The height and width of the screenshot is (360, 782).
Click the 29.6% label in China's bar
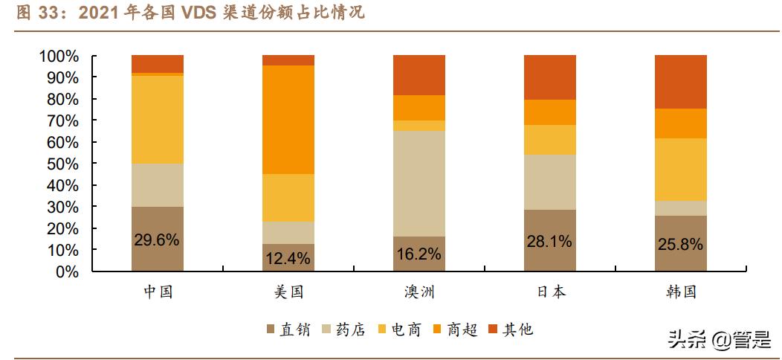tap(158, 240)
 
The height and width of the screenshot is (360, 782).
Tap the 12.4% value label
tap(288, 259)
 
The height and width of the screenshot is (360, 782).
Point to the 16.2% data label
tap(419, 254)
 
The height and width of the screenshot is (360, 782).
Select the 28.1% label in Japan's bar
tap(550, 241)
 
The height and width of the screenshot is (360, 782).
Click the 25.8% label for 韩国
tap(681, 244)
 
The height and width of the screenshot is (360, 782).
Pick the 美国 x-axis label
tap(288, 292)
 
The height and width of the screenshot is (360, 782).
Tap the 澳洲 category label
tap(419, 292)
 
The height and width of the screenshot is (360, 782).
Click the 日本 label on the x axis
tap(550, 292)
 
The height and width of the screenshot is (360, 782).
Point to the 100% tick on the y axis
tap(59, 57)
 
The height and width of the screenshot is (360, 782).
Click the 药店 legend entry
tap(343, 329)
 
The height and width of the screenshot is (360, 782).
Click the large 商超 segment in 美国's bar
tap(288, 120)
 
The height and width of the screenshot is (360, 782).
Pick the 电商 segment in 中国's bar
tap(158, 119)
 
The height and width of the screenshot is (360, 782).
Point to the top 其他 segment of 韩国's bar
tap(681, 82)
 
